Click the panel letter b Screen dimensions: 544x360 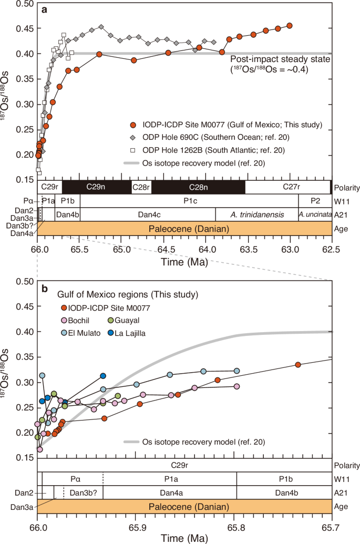[x=45, y=289]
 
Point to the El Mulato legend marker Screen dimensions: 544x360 [x=65, y=332]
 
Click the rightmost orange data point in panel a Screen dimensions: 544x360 [x=290, y=25]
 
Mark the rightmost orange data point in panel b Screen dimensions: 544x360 [x=298, y=365]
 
